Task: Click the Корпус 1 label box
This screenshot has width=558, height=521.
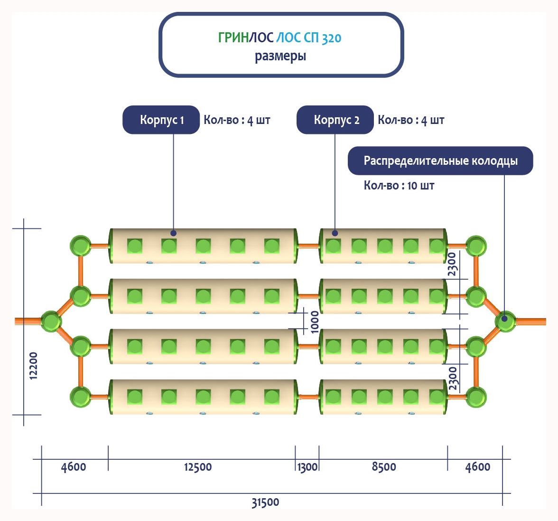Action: tap(161, 120)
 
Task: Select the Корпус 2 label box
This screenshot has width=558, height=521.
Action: tap(335, 120)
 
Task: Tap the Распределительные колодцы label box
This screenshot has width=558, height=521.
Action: tap(440, 161)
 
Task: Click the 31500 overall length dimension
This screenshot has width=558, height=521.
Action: tap(265, 502)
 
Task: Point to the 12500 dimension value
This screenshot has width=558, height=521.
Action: tap(198, 467)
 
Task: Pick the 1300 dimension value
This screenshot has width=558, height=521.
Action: tap(307, 467)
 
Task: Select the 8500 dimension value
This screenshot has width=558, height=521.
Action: tap(384, 467)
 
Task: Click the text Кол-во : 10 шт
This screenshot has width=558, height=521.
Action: tap(399, 185)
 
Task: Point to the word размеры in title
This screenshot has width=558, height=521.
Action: tap(280, 56)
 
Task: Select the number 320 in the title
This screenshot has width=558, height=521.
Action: tap(331, 38)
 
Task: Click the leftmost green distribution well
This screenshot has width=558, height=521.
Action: tap(51, 322)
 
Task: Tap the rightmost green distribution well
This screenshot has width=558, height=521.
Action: tap(505, 321)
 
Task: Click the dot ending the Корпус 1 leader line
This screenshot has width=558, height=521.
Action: tap(174, 233)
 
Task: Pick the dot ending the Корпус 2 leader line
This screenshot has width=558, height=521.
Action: tap(335, 233)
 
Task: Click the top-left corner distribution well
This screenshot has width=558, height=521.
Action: tap(81, 246)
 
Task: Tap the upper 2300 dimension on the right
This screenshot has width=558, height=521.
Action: tap(453, 264)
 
